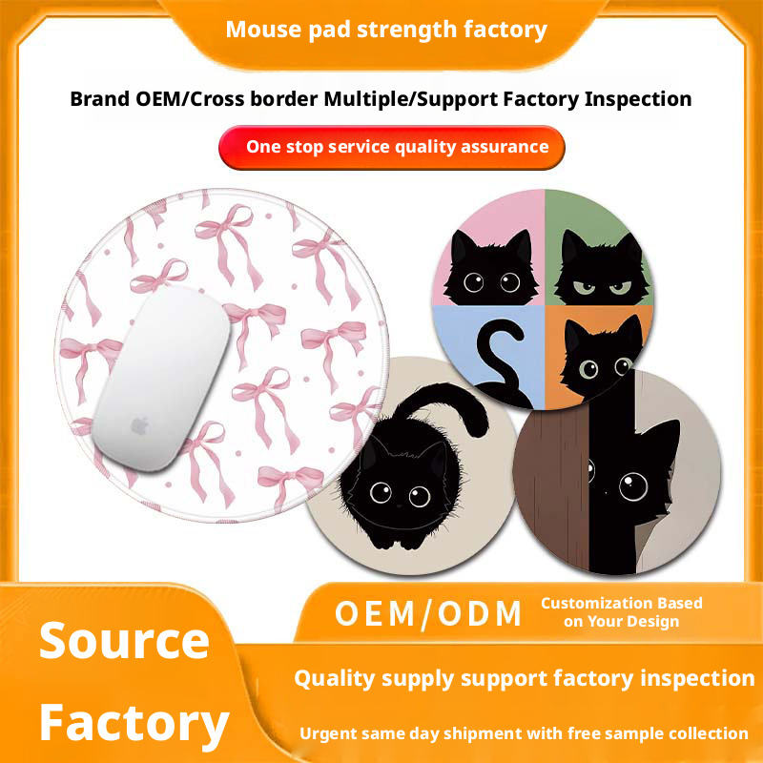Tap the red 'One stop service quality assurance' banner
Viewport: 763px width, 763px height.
[392, 147]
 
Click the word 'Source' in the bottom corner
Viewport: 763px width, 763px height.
[124, 641]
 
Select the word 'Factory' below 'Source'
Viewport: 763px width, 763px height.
[134, 722]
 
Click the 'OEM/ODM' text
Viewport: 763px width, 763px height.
[428, 613]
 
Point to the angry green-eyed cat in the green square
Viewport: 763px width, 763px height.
[598, 270]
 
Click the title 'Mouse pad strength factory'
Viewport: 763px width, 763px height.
[386, 29]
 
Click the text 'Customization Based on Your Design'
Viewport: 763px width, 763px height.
[621, 612]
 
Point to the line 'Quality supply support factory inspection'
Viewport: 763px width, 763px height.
[524, 678]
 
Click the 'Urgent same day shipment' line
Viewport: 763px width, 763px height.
[524, 733]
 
